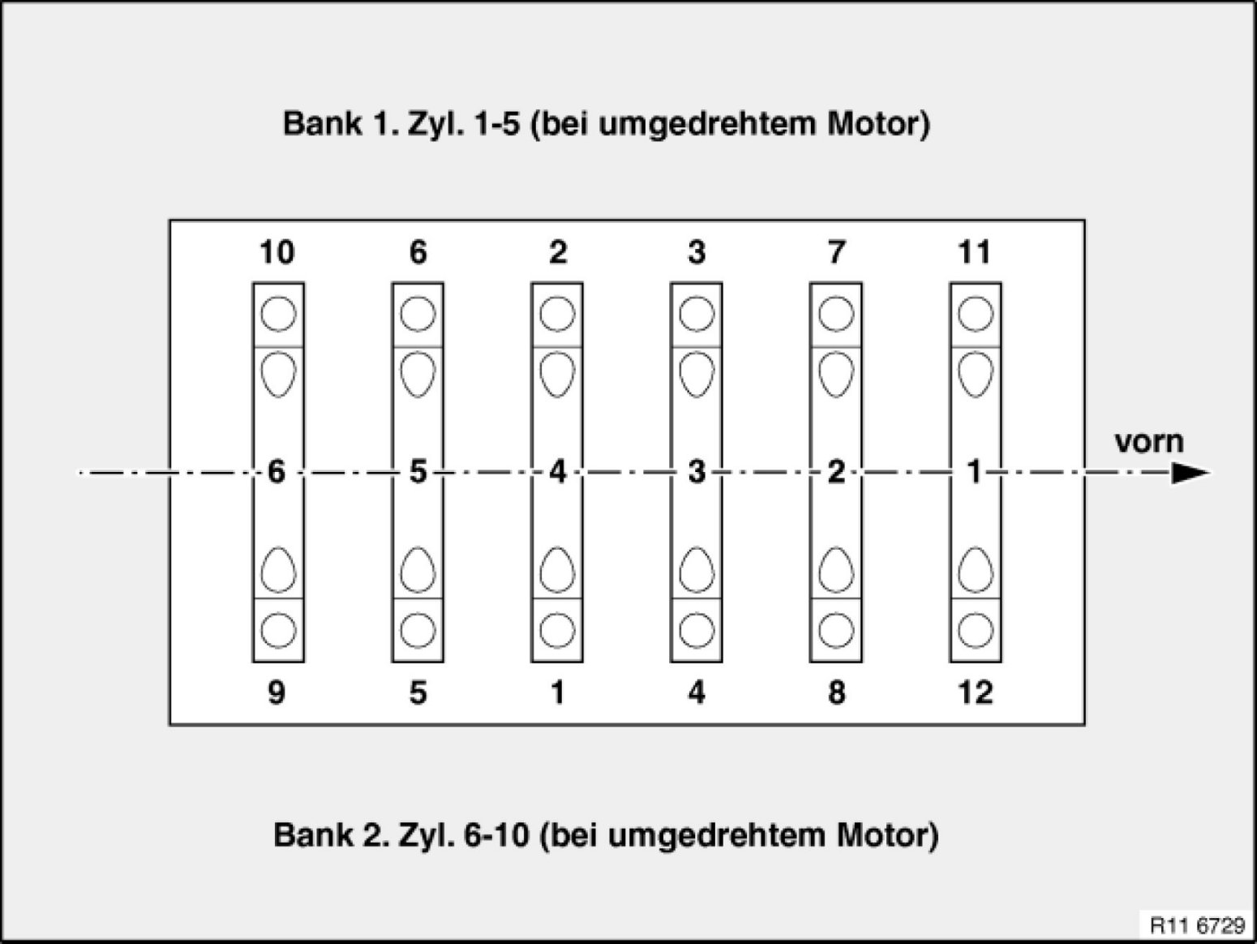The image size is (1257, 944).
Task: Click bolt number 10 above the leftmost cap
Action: point(277,253)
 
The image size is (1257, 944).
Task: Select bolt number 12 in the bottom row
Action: point(975,693)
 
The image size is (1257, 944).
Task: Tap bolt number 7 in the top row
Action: point(836,253)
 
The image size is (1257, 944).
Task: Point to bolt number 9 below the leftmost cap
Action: point(277,693)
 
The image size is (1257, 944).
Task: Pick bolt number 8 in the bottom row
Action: point(836,693)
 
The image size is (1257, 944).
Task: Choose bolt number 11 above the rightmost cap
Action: point(975,253)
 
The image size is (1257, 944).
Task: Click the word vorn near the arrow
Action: point(1149,442)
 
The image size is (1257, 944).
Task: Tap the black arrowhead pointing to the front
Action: point(1191,474)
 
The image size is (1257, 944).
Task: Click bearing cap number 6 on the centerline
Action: point(277,471)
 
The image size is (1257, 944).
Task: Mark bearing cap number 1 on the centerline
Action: point(975,471)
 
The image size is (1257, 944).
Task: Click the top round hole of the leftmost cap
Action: point(278,314)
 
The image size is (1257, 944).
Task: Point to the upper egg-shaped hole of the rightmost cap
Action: point(976,374)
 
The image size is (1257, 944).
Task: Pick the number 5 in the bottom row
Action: point(418,693)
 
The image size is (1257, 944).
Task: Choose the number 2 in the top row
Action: point(557,253)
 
